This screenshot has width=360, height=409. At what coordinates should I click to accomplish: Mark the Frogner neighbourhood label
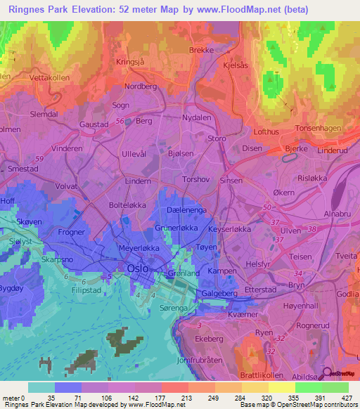tap(71, 231)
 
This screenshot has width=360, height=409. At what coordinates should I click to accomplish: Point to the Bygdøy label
tap(13, 289)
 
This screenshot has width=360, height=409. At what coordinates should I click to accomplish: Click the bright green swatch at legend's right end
tap(335, 387)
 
